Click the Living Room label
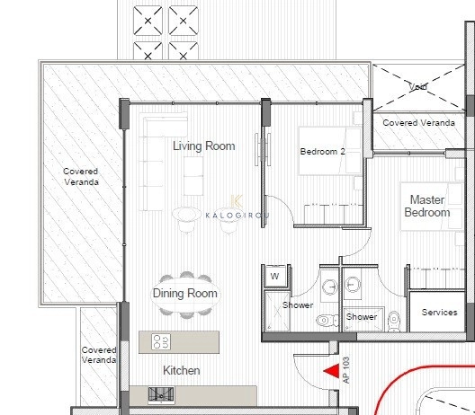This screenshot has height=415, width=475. (204, 146)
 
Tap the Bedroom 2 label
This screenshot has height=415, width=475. (323, 151)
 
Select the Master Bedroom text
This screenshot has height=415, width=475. (427, 206)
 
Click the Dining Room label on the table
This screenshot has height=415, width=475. (185, 294)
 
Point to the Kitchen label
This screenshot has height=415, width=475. (182, 370)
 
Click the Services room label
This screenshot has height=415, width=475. (440, 313)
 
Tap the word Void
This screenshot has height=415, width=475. (417, 87)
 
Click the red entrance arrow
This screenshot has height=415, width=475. (332, 371)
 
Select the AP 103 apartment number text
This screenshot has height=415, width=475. (346, 370)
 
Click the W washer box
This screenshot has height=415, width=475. (275, 276)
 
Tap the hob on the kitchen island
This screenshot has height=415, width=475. (161, 342)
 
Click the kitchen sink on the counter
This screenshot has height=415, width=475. (161, 394)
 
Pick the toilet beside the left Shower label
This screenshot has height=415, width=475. (327, 320)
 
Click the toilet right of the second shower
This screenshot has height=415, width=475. (394, 321)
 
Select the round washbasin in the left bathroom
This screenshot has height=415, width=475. (330, 287)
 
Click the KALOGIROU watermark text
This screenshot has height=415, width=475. (237, 216)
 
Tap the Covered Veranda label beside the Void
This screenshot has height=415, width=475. (418, 123)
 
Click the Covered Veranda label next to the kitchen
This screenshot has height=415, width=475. (99, 355)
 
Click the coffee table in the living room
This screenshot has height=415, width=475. (193, 176)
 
